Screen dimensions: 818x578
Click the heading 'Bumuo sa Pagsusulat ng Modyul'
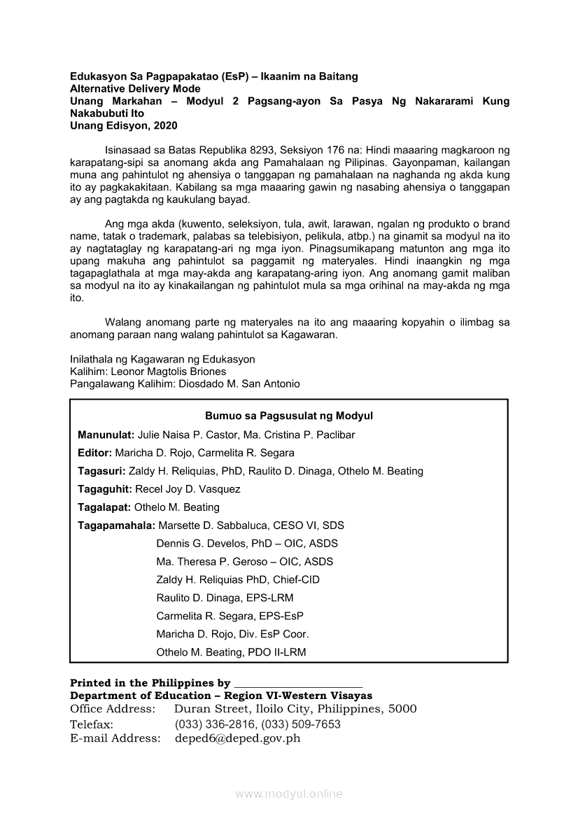288,416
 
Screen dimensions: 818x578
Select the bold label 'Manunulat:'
106,435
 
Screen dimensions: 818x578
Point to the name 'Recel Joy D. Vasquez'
188,489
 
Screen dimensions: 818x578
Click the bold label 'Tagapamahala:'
116,525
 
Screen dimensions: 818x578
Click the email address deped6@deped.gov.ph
237,738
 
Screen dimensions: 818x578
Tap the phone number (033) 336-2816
213,724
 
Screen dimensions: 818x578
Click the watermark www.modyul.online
289,794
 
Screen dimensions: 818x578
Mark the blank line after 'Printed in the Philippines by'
298,684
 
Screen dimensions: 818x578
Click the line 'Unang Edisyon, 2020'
123,126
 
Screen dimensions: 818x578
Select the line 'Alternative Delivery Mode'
135,89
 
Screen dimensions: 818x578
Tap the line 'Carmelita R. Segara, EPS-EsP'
230,616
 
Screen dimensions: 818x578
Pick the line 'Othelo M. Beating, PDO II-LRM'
231,652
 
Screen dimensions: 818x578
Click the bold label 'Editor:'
94,453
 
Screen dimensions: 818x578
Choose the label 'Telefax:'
92,724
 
